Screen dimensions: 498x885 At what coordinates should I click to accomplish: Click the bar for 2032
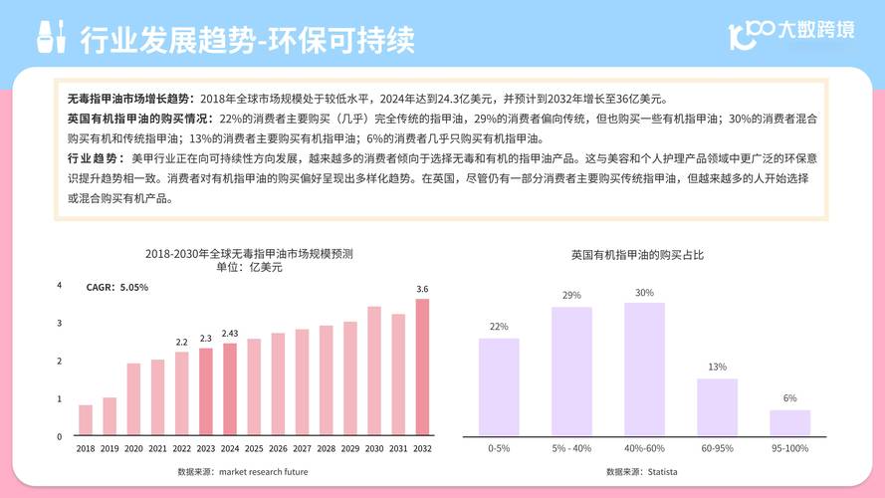click(422, 368)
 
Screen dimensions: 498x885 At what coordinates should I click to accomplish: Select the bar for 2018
click(86, 420)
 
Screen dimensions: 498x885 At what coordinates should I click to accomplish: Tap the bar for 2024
click(230, 389)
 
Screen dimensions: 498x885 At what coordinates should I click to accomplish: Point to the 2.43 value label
click(230, 334)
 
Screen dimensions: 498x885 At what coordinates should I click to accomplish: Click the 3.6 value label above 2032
click(422, 289)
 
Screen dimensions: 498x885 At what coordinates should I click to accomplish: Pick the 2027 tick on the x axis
click(302, 449)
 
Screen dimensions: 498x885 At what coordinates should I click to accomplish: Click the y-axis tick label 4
click(60, 286)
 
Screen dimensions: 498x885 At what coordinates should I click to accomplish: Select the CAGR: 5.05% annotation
click(117, 288)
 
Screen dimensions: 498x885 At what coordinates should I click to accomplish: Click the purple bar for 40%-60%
click(644, 369)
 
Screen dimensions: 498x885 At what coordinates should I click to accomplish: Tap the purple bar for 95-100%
click(789, 422)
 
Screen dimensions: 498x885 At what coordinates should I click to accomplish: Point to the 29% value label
click(571, 296)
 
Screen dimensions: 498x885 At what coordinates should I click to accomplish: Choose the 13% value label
click(717, 368)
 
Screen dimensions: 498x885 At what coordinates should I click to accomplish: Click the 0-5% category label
click(499, 449)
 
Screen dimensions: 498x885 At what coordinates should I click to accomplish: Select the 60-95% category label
click(717, 449)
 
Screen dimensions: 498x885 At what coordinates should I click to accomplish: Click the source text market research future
click(243, 471)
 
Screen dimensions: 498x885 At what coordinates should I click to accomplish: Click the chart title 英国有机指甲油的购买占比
click(637, 256)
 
